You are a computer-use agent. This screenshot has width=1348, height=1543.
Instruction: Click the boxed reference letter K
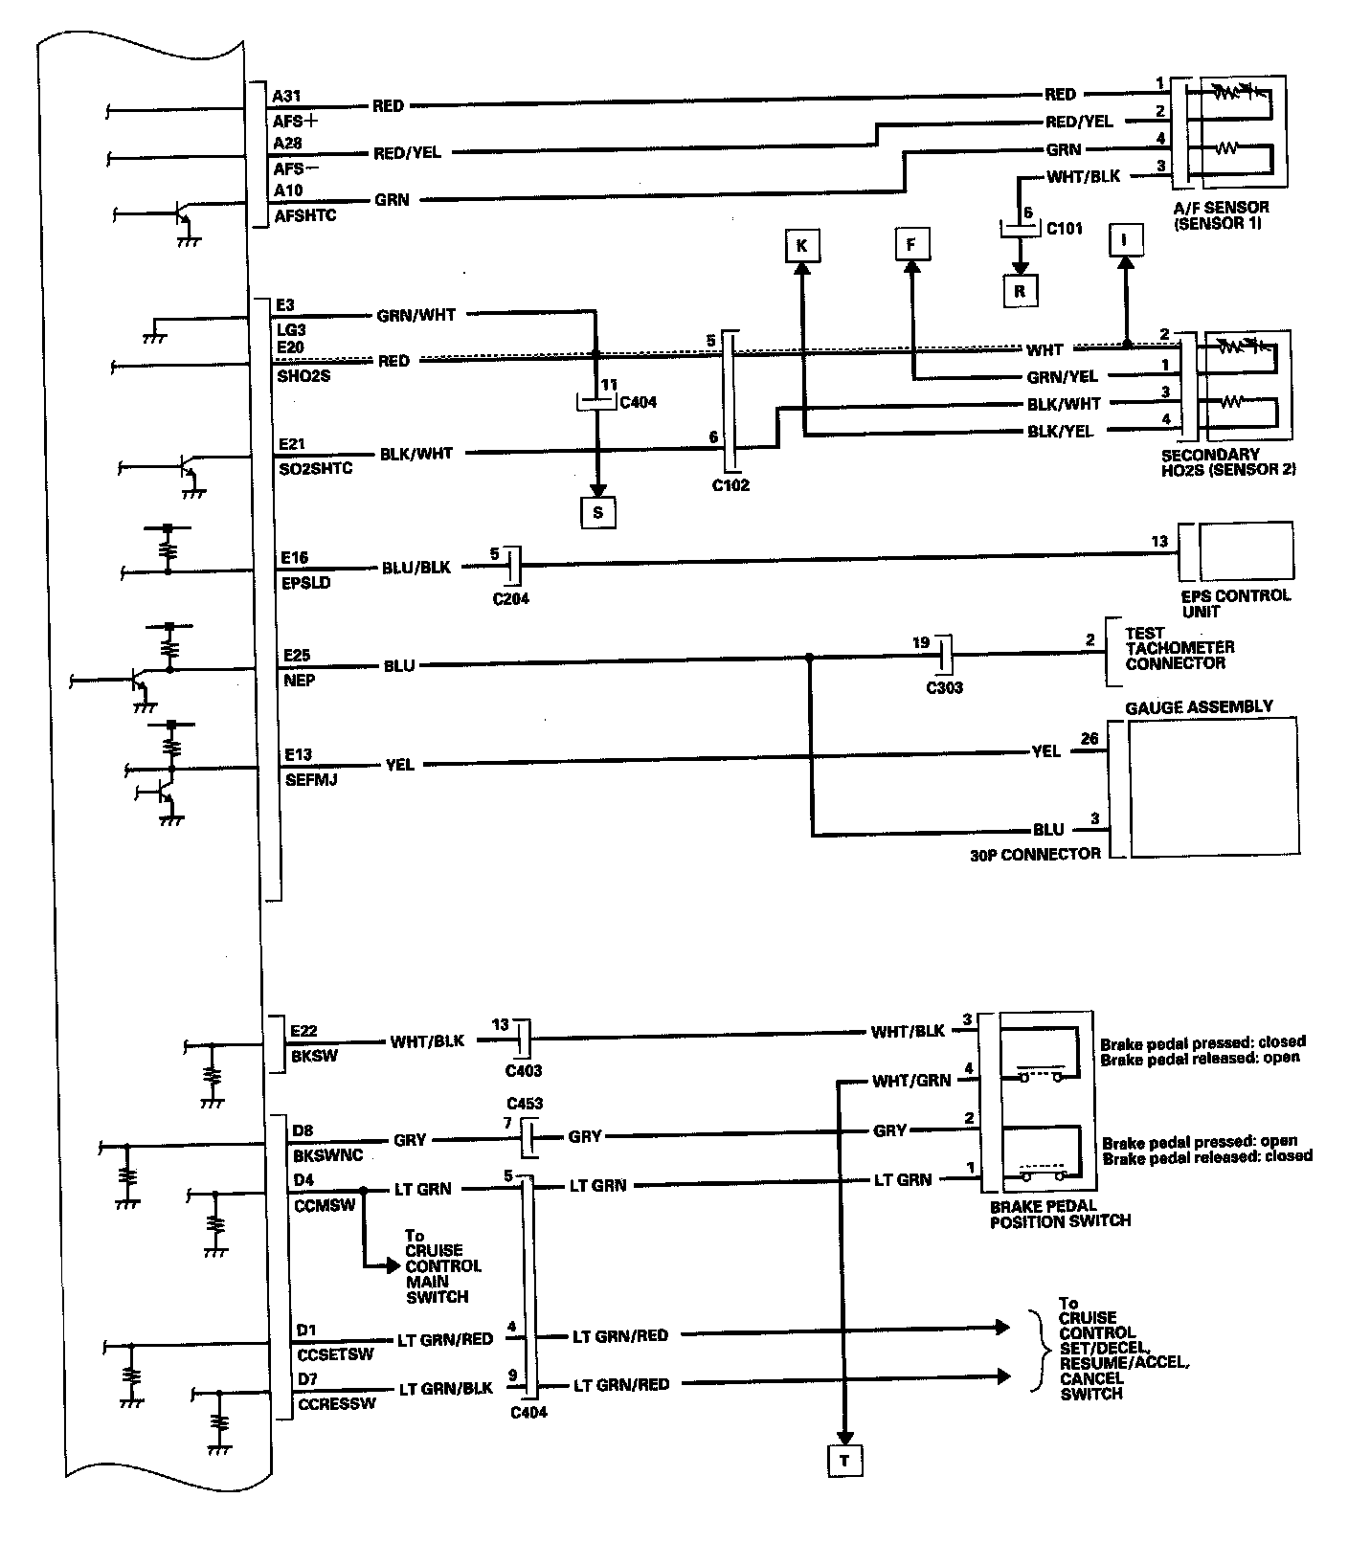click(801, 246)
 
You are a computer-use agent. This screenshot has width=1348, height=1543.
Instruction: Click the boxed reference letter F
click(910, 245)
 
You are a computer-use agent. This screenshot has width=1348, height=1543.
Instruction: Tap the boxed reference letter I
click(1125, 239)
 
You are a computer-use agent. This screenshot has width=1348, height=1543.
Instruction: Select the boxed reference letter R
click(1020, 291)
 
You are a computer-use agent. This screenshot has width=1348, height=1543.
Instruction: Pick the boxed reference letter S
click(597, 512)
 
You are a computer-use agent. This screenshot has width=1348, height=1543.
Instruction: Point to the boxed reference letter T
click(844, 1461)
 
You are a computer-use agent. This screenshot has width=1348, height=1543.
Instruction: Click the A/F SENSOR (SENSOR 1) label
click(1221, 215)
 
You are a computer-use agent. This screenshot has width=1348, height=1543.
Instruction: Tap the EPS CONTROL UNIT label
click(1235, 603)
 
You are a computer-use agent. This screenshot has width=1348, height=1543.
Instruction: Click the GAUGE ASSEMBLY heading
click(1199, 706)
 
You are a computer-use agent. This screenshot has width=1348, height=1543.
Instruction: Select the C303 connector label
click(944, 687)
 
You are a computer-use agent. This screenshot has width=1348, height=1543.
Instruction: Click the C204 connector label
click(510, 599)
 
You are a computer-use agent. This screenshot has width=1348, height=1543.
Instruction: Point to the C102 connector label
click(730, 485)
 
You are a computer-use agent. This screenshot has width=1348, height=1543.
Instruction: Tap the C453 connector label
click(525, 1104)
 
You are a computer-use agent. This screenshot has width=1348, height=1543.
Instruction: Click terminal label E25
click(297, 656)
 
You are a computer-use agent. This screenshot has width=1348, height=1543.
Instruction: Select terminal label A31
click(287, 96)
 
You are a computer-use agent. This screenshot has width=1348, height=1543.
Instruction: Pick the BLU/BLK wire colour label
click(416, 567)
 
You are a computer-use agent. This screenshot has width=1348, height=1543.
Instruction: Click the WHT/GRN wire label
click(910, 1081)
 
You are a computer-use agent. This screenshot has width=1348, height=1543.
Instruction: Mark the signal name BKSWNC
click(327, 1155)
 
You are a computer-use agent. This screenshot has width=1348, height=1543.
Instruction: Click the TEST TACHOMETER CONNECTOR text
click(1179, 648)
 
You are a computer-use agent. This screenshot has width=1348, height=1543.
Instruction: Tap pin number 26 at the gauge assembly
click(1089, 738)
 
